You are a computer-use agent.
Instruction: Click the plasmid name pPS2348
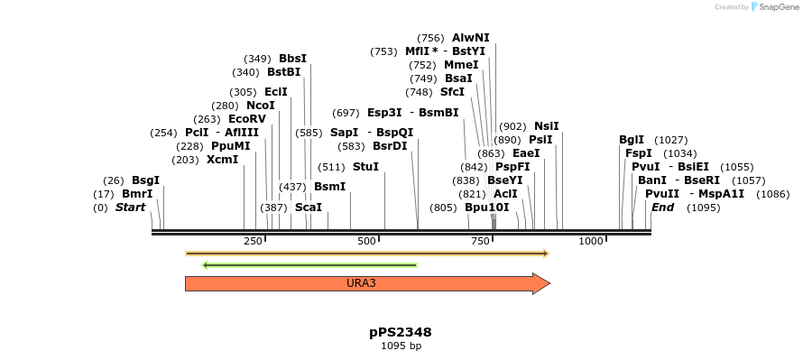[393, 332]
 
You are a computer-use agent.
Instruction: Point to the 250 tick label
[253, 241]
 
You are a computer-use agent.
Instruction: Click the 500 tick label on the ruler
[366, 241]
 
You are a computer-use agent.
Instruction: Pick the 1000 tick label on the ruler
[591, 241]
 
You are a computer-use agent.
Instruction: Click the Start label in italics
[130, 208]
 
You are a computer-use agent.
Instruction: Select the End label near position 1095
[662, 208]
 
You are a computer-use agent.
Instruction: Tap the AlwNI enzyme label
[471, 38]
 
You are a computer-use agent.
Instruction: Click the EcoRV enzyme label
[246, 119]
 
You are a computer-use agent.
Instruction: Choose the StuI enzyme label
[365, 167]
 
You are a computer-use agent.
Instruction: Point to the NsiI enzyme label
[547, 126]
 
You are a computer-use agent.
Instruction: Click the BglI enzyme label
[632, 140]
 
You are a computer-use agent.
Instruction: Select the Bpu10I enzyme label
[487, 208]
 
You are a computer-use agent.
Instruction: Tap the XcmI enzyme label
[222, 160]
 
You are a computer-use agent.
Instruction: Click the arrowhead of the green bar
[207, 265]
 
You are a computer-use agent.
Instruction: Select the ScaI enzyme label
[309, 208]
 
